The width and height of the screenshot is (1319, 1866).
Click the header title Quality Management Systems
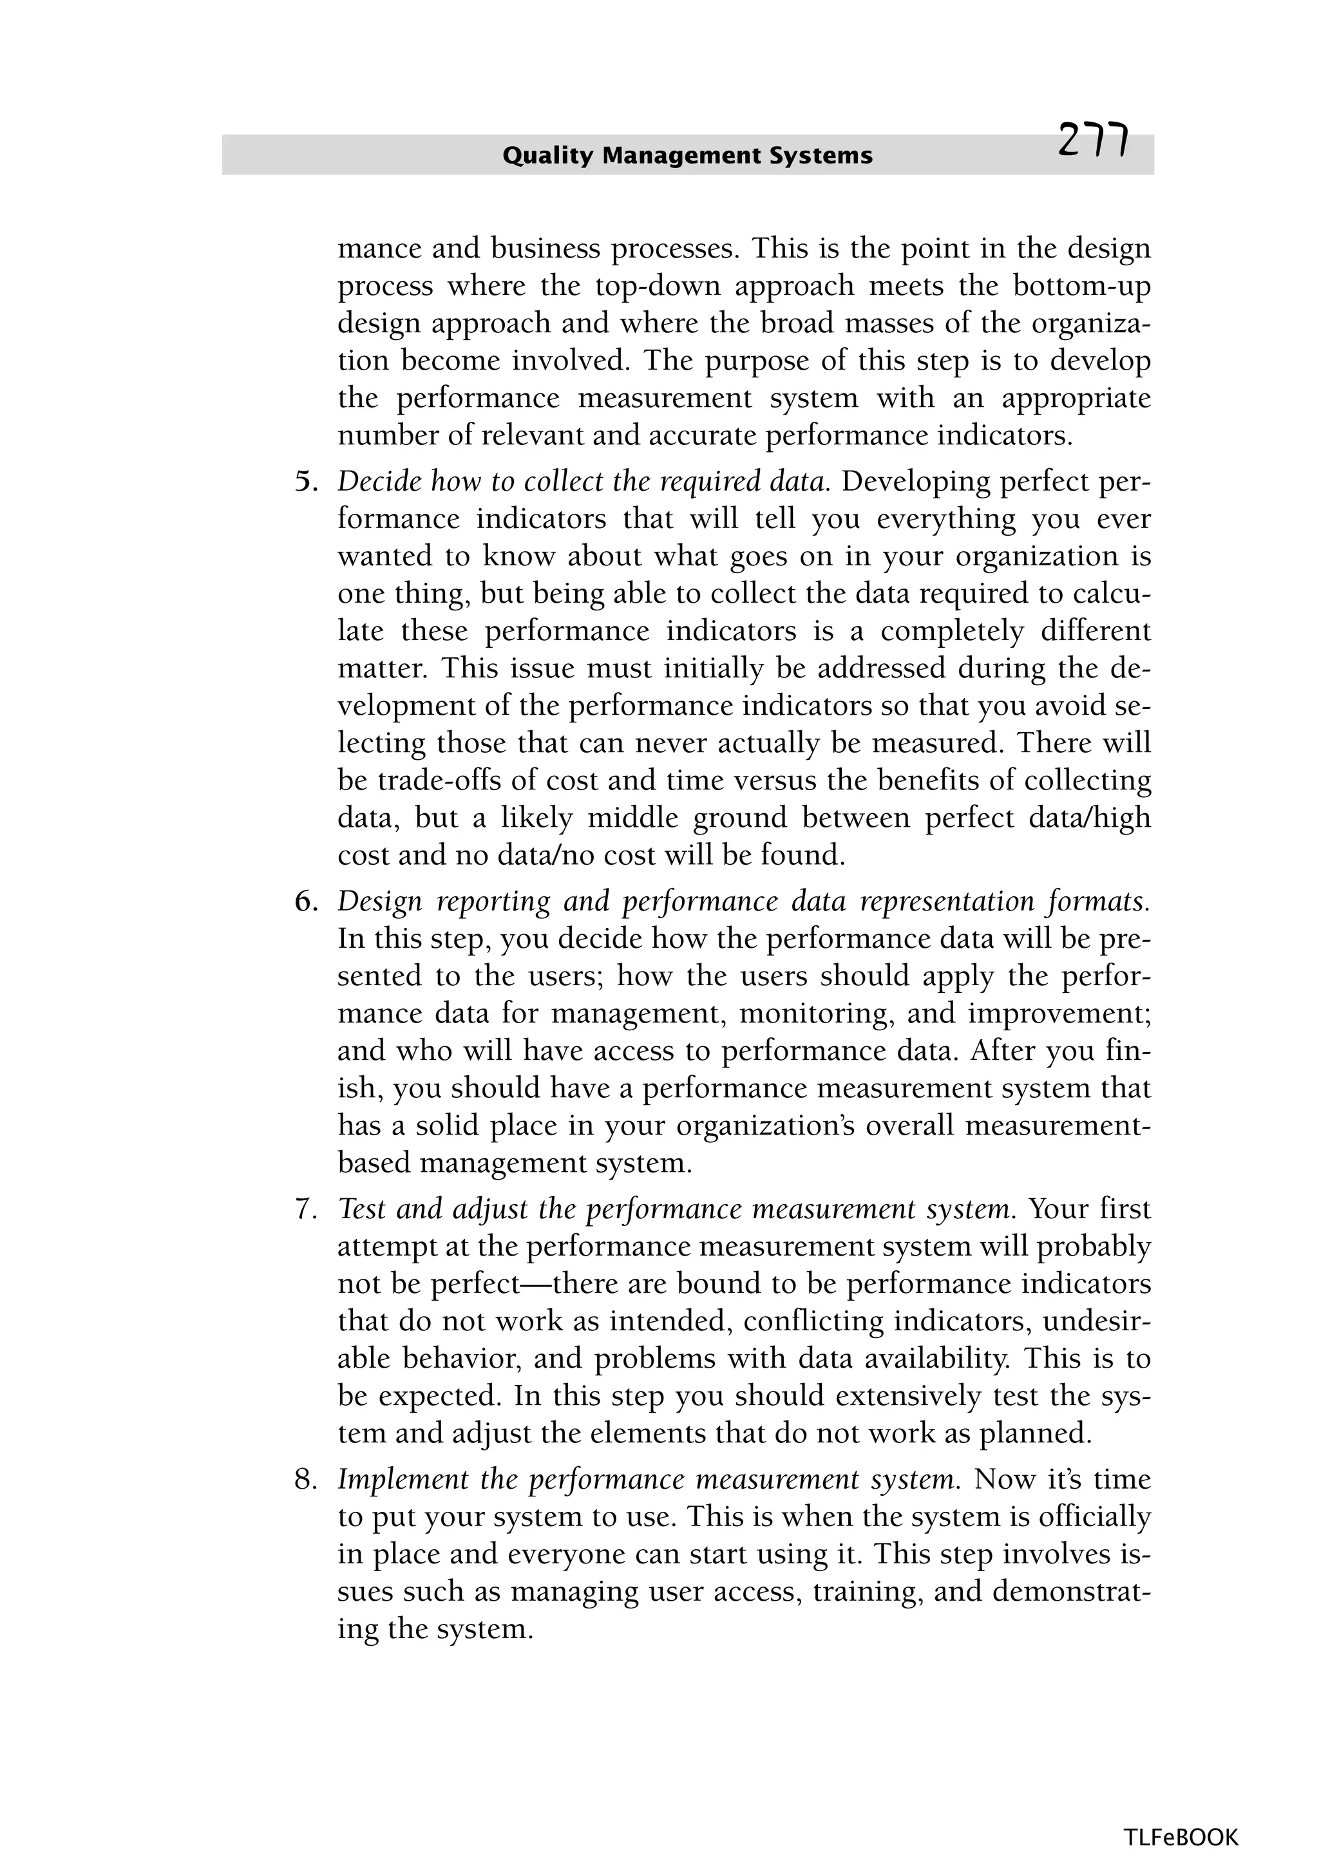coord(687,155)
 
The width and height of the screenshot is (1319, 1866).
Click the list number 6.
coord(304,901)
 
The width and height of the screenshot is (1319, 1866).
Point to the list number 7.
coord(304,1209)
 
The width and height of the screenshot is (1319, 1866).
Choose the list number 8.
coord(304,1479)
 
